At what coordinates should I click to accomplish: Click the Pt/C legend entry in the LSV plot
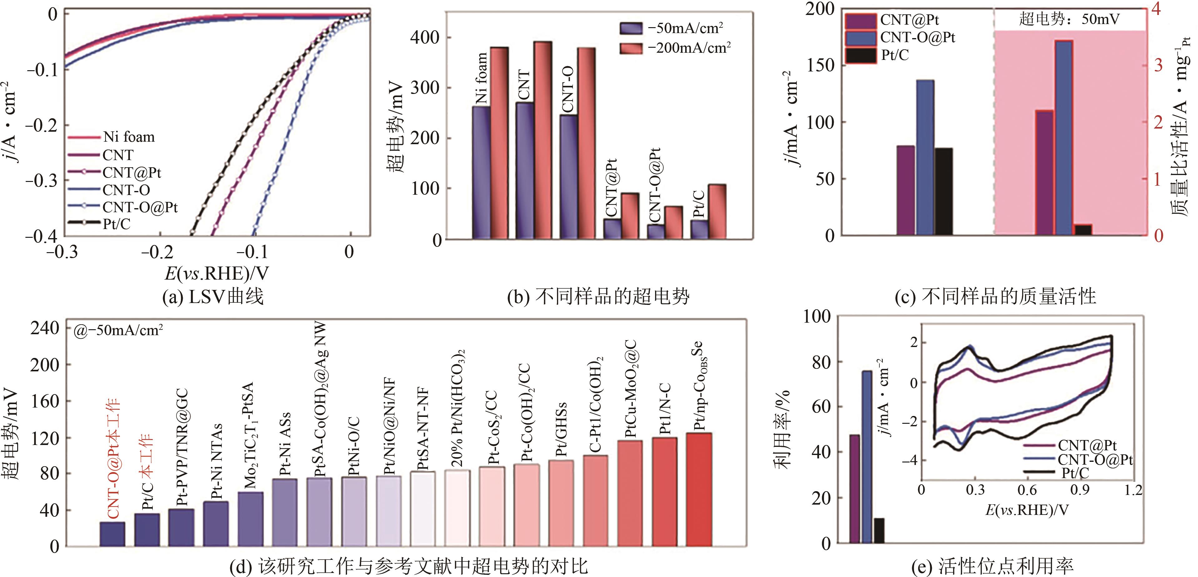[116, 224]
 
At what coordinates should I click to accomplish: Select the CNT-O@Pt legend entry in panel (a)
[140, 207]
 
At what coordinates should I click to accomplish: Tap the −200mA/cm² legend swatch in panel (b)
[631, 48]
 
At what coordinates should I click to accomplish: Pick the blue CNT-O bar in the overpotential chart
[568, 177]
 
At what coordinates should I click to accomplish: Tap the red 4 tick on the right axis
[1156, 9]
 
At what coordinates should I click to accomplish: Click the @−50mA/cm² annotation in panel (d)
[119, 330]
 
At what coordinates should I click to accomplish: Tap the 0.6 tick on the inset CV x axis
[1027, 490]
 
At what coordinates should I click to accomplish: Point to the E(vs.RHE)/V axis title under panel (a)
[217, 274]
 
